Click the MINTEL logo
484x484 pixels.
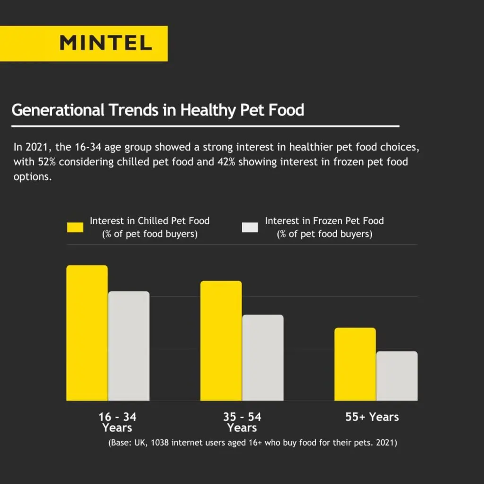pos(106,43)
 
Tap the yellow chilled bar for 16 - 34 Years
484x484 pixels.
pos(87,333)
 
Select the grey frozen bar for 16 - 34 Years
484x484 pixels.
pos(129,346)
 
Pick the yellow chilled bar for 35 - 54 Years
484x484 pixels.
pos(221,341)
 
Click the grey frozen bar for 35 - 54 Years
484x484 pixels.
pos(263,358)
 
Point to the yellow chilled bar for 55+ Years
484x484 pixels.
pos(355,364)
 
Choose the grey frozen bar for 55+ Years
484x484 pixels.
pos(397,376)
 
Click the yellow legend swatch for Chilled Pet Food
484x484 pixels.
pos(75,227)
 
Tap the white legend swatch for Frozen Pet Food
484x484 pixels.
pos(250,227)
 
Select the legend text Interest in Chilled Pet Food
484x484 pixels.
pos(149,221)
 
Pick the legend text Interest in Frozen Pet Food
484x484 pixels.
pos(324,221)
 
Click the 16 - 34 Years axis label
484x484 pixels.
pos(117,422)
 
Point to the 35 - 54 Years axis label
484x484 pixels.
pos(242,422)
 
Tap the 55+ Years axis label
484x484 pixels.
pos(372,417)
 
